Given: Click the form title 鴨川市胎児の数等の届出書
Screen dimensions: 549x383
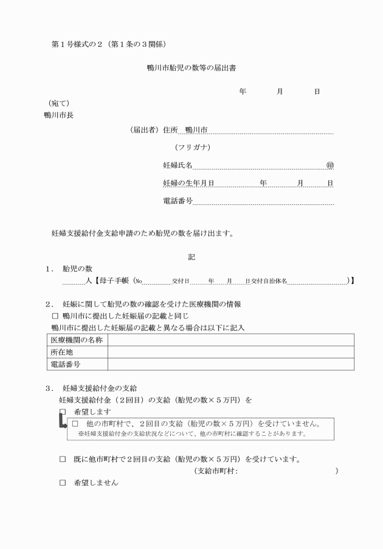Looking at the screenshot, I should (x=191, y=68).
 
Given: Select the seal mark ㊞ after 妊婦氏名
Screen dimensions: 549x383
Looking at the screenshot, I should (x=330, y=165).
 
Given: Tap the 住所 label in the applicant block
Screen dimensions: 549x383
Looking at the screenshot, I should (x=170, y=130).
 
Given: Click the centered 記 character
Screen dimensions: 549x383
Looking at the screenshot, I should (x=191, y=257).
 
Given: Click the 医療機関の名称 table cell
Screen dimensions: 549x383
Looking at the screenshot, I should (x=77, y=339).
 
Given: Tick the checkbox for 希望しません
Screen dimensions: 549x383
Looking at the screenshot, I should (x=63, y=483).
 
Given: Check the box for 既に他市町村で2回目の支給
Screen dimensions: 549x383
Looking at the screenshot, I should (x=63, y=458).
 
